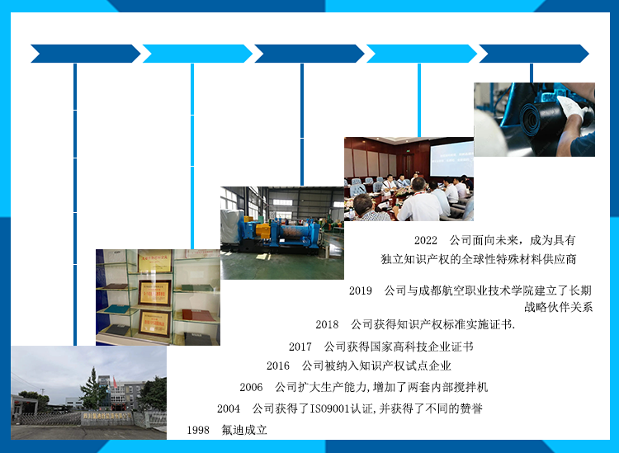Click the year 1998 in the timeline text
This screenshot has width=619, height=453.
click(198, 430)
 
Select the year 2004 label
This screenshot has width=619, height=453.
click(228, 408)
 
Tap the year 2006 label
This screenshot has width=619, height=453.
click(251, 387)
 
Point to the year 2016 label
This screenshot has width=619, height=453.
click(278, 366)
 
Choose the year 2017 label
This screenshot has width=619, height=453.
click(300, 347)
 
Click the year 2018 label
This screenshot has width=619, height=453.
click(327, 324)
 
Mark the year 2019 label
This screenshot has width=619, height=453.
click(361, 290)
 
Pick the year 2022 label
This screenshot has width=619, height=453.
click(426, 240)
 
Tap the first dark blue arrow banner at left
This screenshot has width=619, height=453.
click(85, 54)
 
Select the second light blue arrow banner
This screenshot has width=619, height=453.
click(197, 54)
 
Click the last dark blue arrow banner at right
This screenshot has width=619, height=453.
click(534, 54)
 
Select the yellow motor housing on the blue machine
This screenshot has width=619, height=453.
click(263, 230)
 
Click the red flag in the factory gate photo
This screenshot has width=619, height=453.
click(115, 381)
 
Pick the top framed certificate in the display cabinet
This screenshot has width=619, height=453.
click(155, 262)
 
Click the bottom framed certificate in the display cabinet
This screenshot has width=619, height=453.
click(155, 323)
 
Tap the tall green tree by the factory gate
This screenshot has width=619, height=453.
click(93, 389)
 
